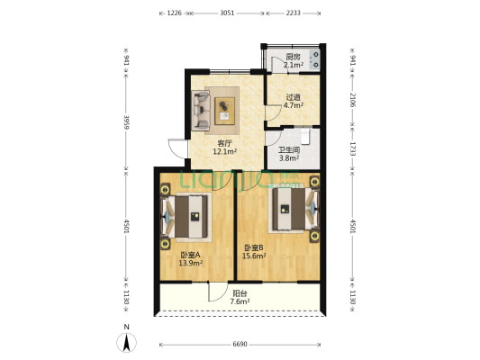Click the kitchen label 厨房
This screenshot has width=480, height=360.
tap(293, 57)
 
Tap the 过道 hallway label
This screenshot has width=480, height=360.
tap(293, 97)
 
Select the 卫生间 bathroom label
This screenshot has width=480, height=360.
tap(289, 150)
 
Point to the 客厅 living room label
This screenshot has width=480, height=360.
tap(225, 143)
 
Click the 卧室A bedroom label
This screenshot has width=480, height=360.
tap(190, 255)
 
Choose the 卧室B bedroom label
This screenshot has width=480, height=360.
tap(254, 247)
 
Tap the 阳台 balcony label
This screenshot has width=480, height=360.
tap(240, 293)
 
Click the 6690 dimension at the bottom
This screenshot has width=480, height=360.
tap(240, 345)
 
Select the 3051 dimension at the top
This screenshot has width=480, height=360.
tap(227, 13)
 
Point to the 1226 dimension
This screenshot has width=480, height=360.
tap(175, 13)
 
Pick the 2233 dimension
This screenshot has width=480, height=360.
tap(293, 13)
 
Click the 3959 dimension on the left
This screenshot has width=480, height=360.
tap(126, 122)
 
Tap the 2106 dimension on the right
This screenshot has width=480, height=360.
tap(352, 100)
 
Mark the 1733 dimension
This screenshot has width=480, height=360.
tap(352, 149)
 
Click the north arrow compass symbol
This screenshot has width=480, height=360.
tap(126, 343)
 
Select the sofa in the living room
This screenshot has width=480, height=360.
tap(201, 111)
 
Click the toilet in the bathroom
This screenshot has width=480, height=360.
tap(305, 137)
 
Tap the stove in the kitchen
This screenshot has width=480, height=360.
tap(315, 59)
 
